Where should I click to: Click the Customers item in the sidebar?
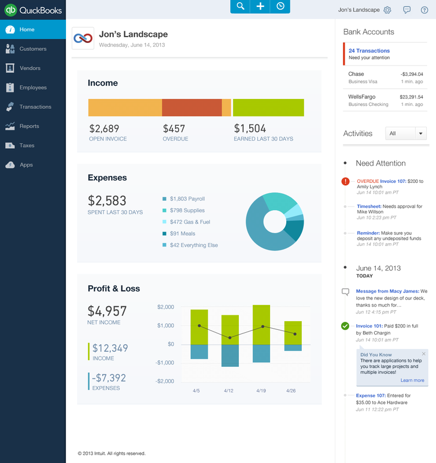pos(32,49)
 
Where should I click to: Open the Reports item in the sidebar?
pos(29,126)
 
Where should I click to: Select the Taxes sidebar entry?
pos(27,145)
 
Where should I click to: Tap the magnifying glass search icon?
pos(241,6)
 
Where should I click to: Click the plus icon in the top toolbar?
pos(260,6)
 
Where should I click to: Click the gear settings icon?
pos(387,10)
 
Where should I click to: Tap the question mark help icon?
pos(424,10)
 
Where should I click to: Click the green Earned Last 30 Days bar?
pos(268,108)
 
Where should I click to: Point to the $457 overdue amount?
pos(174,128)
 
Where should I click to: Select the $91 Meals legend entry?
pos(182,234)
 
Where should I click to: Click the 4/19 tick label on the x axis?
pos(261,391)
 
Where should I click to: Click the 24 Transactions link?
pos(369,51)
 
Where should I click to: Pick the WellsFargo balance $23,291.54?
pos(411,97)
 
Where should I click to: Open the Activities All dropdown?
pos(406,134)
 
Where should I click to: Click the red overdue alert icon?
pos(345,182)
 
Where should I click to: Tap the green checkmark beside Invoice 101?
pos(345,326)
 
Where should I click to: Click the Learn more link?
pos(412,380)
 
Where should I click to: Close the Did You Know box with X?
pos(424,354)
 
